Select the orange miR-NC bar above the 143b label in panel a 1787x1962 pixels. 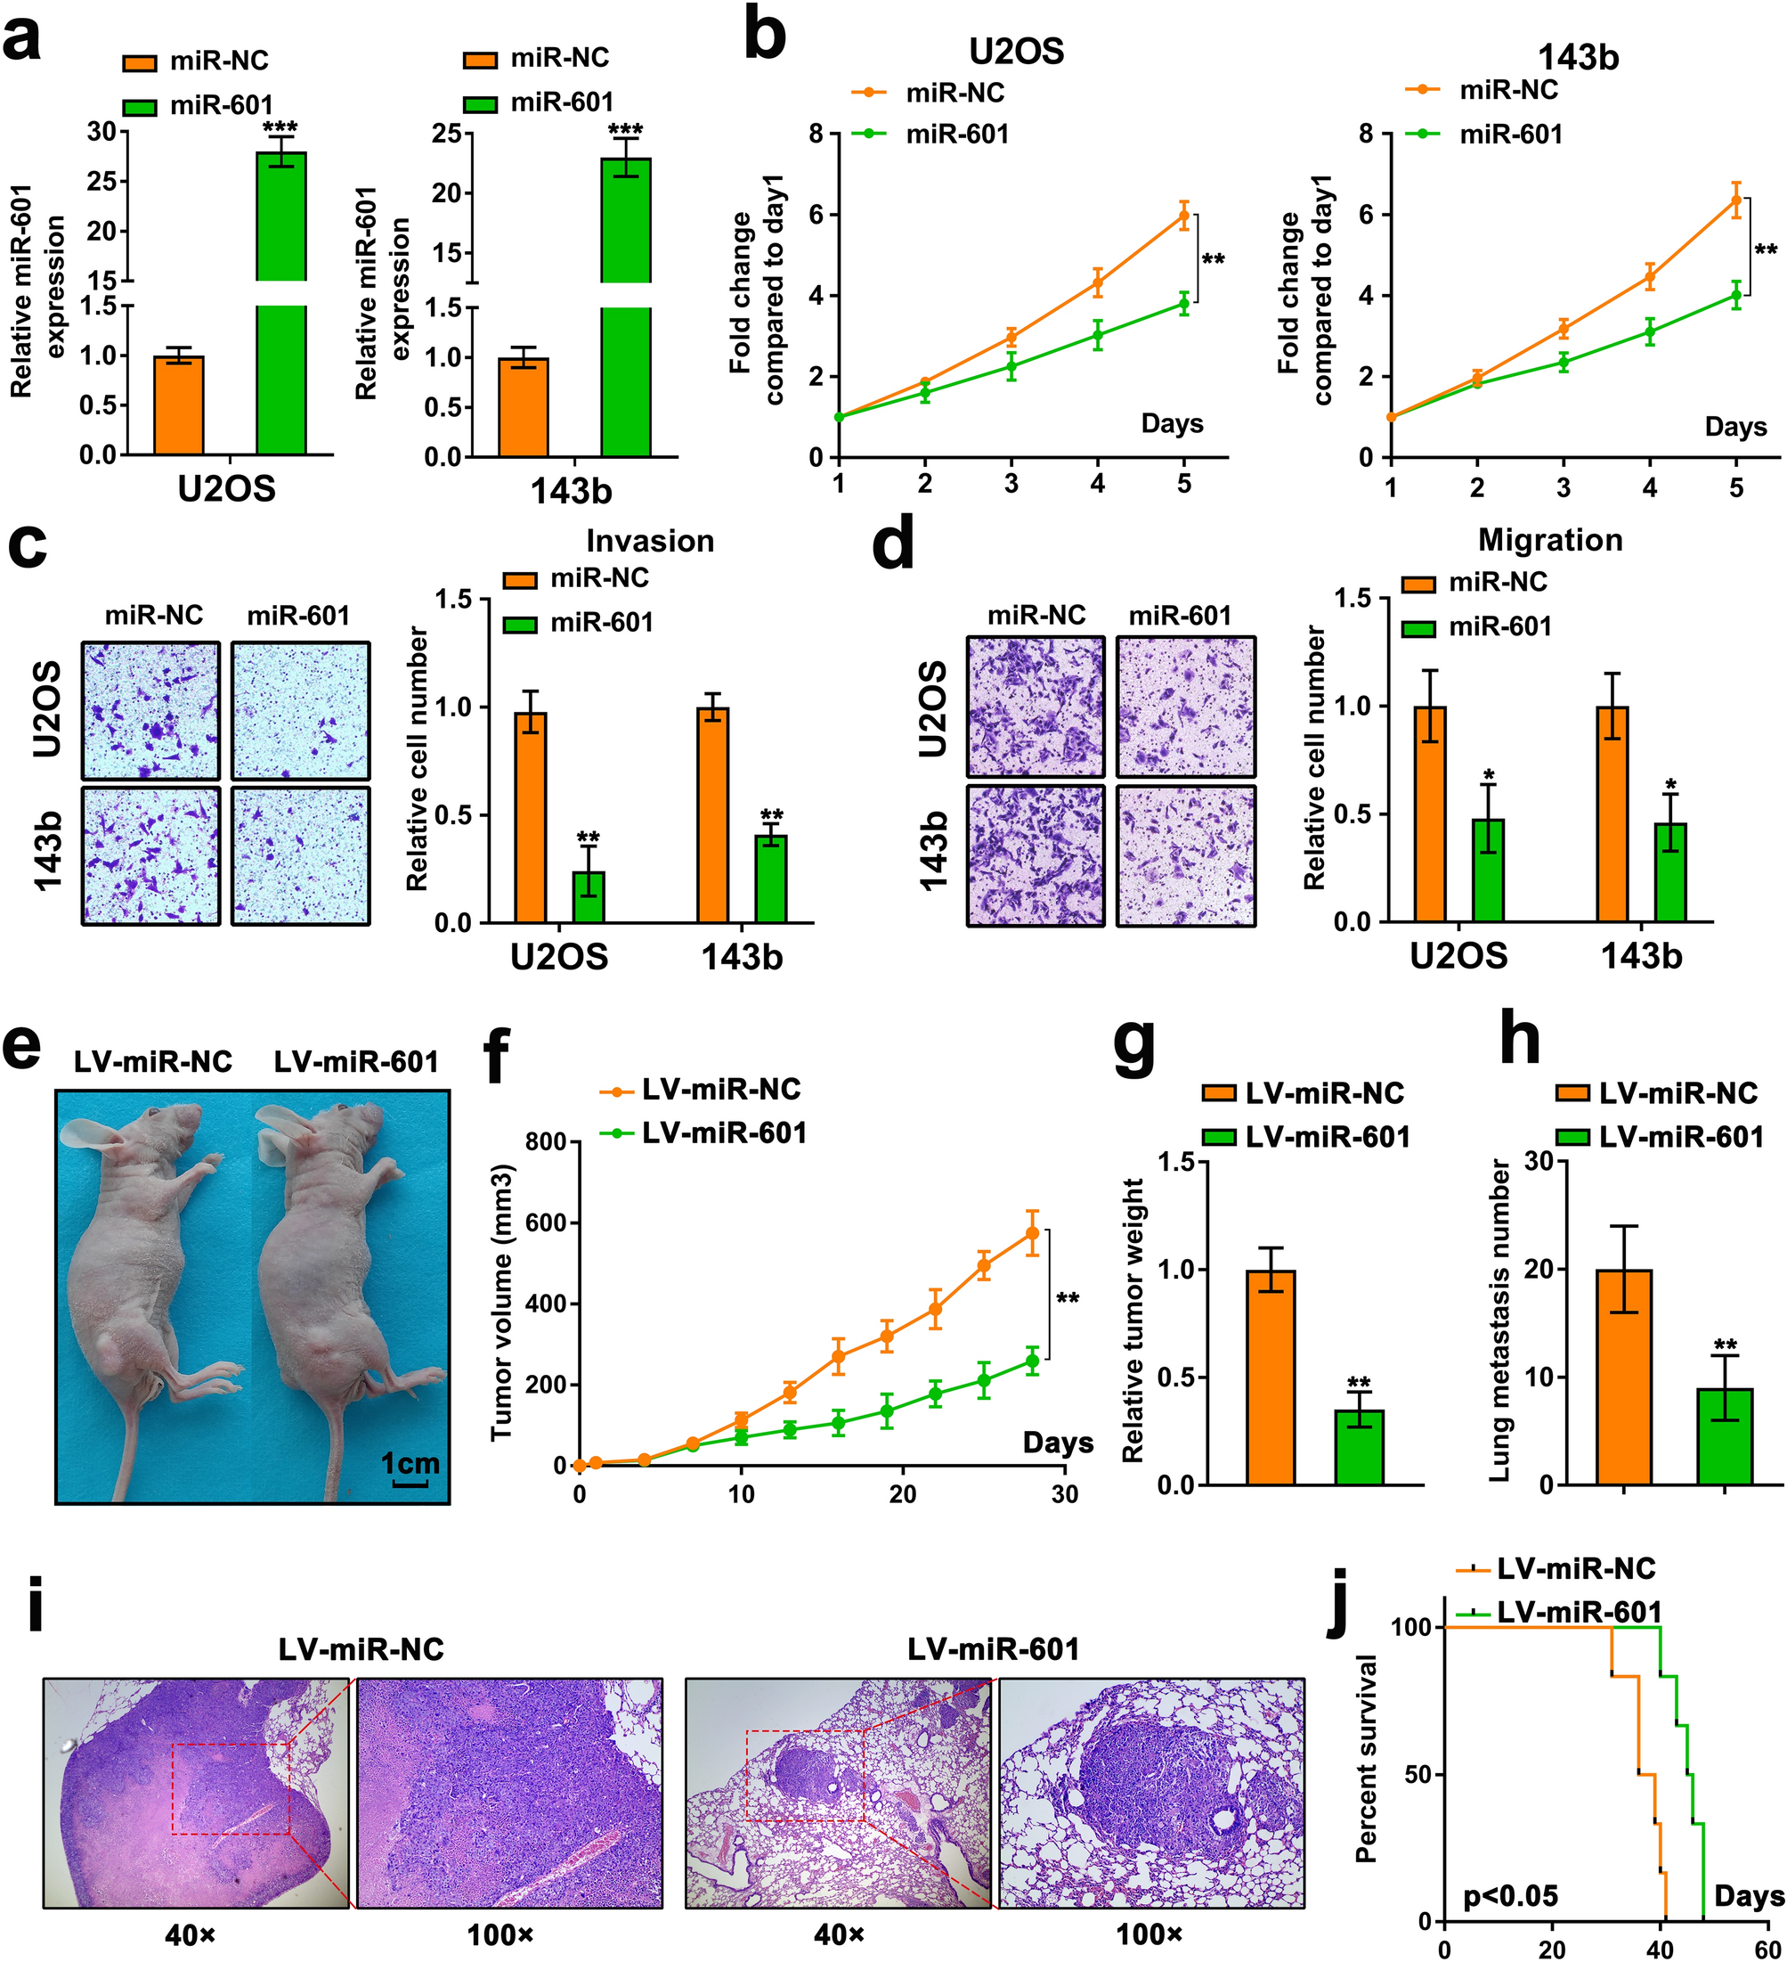tap(524, 407)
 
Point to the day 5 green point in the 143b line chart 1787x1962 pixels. tap(1736, 297)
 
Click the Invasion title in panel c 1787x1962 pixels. tap(650, 541)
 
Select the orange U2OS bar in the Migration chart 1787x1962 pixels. tap(1430, 813)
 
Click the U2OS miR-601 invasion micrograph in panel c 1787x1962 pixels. tap(301, 711)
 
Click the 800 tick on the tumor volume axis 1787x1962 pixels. tap(545, 1141)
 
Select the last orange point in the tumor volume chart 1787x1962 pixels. tap(1031, 1234)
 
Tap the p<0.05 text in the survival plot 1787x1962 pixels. tap(1511, 1896)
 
